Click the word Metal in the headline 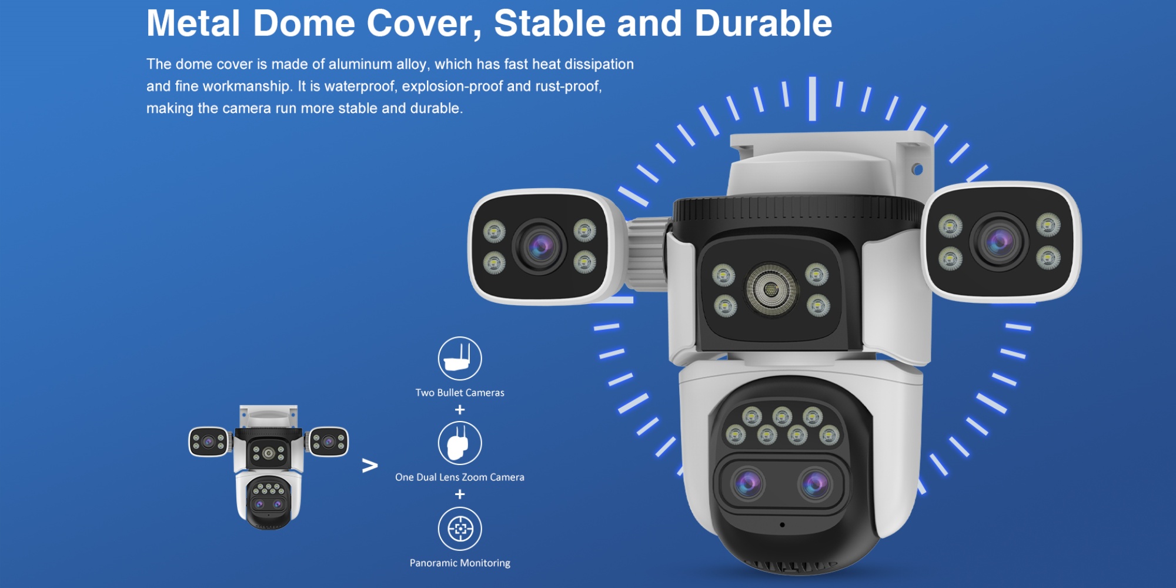193,24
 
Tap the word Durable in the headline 763,24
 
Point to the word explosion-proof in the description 452,86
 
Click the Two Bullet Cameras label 460,393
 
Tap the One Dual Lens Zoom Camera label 460,477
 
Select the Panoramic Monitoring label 460,563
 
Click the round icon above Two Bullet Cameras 460,359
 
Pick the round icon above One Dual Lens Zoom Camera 460,443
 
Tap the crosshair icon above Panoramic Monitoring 460,529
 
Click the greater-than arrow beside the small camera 370,466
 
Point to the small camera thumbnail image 269,467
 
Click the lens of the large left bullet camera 540,247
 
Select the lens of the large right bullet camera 998,242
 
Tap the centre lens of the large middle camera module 771,290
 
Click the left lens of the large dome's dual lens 747,484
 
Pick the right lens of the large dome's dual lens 815,484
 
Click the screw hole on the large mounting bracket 917,169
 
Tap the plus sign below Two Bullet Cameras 460,409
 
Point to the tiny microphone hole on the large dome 782,524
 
